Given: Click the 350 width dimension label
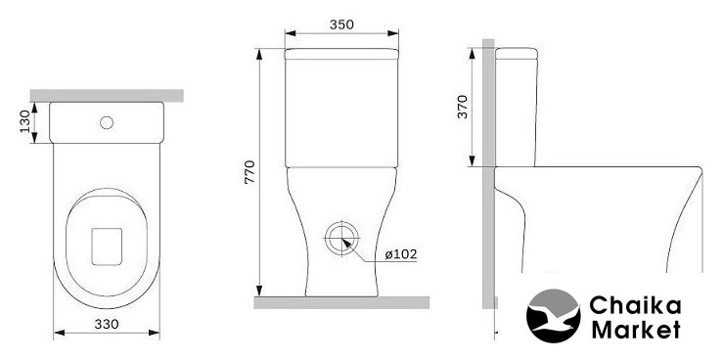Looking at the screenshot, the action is (x=341, y=24).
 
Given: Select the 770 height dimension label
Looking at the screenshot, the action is (x=249, y=172).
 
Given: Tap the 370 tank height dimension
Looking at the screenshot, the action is (x=463, y=107).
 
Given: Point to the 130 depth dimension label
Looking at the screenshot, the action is (x=25, y=121).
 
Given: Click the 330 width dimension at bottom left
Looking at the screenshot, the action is (x=107, y=325).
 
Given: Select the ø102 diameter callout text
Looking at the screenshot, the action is (x=401, y=254).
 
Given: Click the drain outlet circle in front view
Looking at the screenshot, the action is (x=341, y=239).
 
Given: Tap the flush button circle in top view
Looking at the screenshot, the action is (x=107, y=122).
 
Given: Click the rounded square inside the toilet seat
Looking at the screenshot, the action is (x=107, y=247).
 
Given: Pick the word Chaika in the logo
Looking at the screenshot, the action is (x=635, y=305).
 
